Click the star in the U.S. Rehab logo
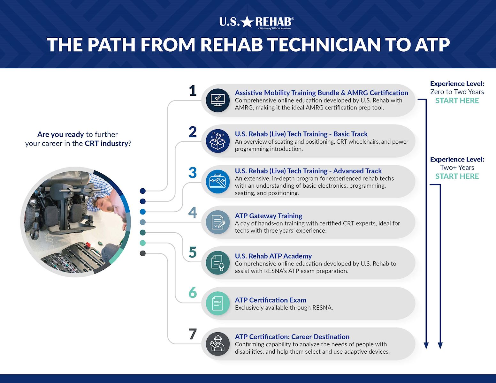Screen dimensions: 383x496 247,22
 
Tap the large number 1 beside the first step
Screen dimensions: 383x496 192,91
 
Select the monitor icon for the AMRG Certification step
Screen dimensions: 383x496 217,100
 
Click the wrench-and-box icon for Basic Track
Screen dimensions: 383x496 217,141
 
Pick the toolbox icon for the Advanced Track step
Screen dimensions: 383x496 217,182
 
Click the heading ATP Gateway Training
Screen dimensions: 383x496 268,216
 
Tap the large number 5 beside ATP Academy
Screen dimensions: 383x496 192,252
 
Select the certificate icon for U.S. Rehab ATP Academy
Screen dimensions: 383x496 217,263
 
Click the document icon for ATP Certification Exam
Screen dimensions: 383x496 217,303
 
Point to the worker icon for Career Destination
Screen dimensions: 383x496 217,344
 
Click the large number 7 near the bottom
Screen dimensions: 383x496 192,334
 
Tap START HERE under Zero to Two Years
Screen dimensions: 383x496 457,101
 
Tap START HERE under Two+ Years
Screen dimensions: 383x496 457,176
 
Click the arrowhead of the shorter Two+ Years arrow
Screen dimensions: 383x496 440,346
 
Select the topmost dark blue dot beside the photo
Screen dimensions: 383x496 143,191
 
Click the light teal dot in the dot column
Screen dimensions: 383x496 143,243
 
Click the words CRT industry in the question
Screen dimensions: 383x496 106,144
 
